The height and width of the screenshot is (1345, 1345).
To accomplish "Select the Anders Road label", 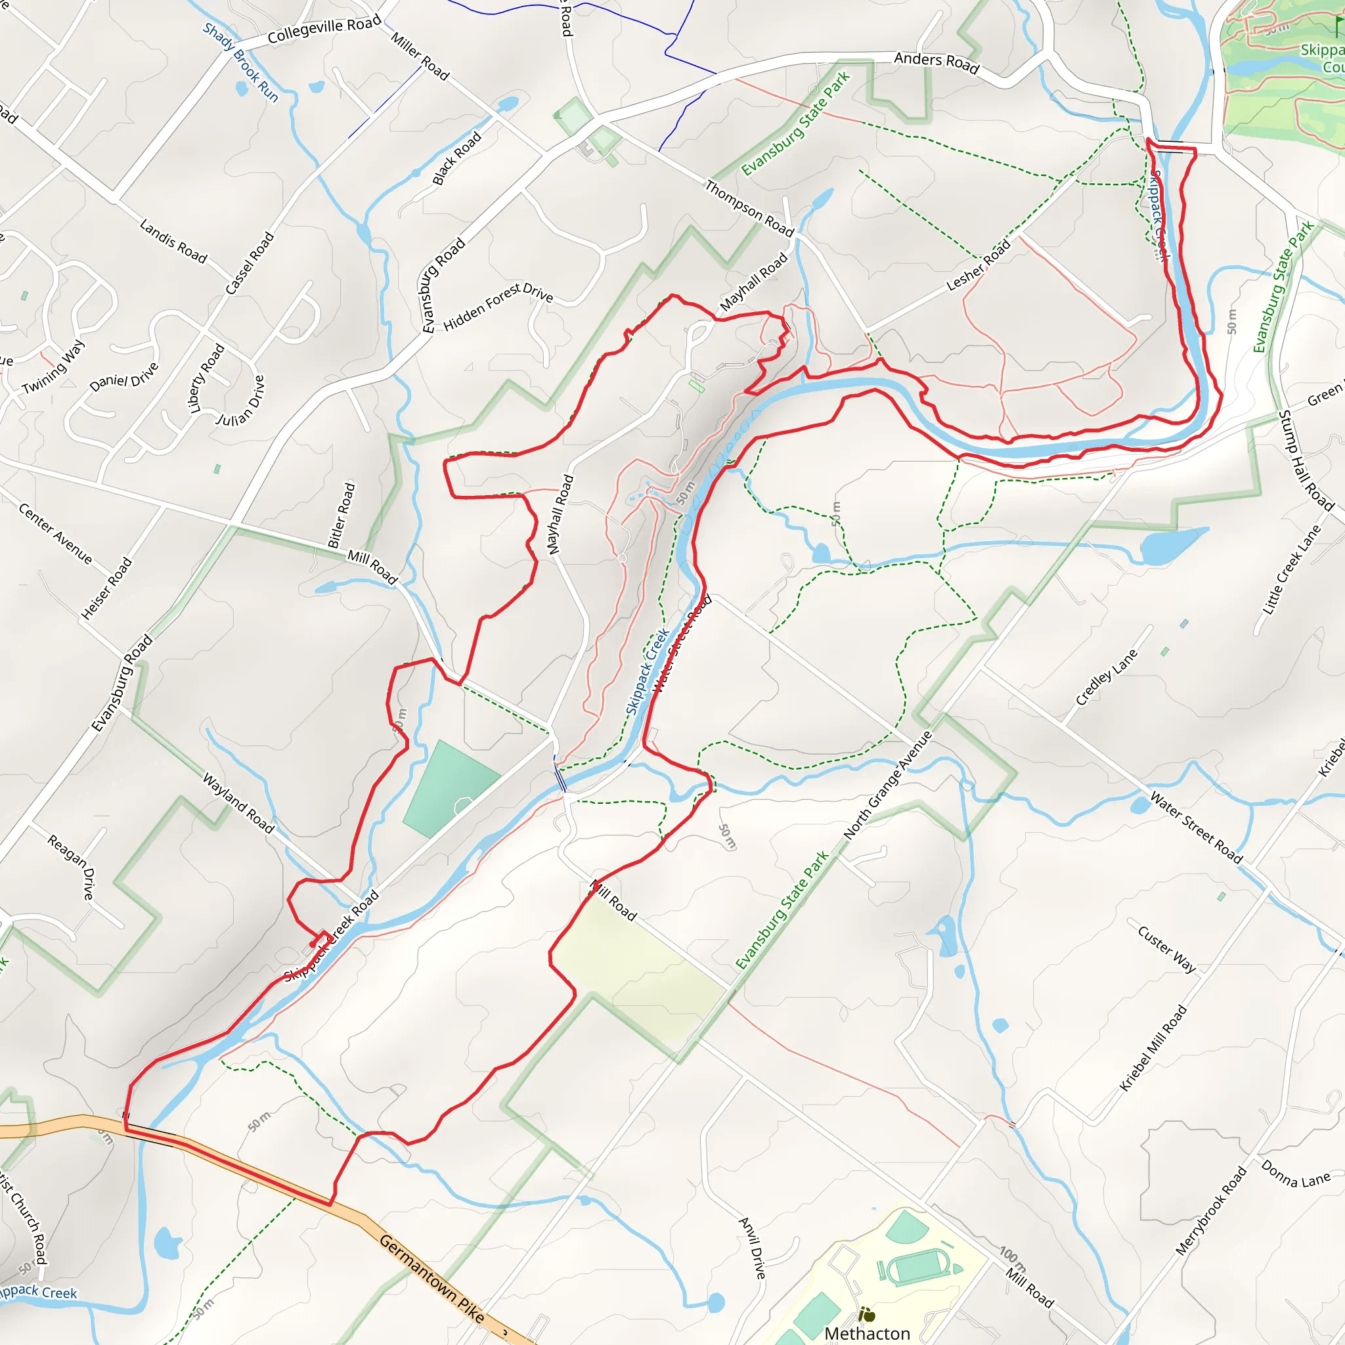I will (937, 62).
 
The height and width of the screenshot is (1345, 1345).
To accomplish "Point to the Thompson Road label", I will (749, 208).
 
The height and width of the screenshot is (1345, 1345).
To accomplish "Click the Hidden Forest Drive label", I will (498, 306).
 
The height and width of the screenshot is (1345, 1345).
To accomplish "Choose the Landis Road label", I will (173, 242).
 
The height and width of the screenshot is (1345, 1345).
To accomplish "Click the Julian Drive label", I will (241, 401).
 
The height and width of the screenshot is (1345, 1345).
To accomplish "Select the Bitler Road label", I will (342, 515).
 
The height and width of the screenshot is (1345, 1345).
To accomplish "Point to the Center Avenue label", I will (55, 533).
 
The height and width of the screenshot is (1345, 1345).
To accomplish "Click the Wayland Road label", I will (238, 803).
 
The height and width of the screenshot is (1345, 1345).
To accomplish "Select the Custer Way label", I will (1167, 949).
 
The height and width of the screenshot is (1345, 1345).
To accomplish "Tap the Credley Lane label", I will (1106, 676).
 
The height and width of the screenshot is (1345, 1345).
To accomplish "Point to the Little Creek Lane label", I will (1291, 570).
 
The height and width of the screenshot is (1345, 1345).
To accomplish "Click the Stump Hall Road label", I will (1306, 461).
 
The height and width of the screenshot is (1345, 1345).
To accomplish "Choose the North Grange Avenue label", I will (888, 785).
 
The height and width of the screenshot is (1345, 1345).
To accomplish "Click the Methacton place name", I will (867, 1333).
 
